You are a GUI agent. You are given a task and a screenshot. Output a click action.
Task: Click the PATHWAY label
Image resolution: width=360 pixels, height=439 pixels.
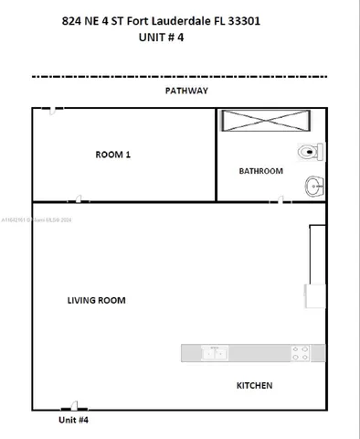tap(186, 91)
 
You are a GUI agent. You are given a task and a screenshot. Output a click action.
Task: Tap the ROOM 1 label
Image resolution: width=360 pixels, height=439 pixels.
tap(113, 155)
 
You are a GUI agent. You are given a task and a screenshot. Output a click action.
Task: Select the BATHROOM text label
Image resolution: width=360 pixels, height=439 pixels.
tap(260, 171)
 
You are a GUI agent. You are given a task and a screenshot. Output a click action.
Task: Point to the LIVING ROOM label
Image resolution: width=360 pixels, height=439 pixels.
tap(96, 300)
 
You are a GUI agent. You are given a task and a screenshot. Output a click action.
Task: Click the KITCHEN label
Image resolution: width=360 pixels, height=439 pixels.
tap(254, 386)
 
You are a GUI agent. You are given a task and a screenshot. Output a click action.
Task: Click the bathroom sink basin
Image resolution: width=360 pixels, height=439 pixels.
tap(314, 187)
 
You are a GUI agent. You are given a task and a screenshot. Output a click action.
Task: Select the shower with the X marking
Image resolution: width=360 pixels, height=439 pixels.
tap(266, 121)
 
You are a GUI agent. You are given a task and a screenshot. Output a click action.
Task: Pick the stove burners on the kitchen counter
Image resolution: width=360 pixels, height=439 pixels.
tap(300, 352)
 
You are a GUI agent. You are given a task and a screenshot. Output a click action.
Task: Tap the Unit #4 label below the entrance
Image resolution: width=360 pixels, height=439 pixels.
tap(73, 420)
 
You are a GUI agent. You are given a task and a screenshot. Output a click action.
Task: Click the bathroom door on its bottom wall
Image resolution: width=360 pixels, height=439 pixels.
tap(284, 199)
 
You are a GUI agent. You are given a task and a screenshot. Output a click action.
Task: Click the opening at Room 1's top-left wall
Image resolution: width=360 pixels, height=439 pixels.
tap(55, 109)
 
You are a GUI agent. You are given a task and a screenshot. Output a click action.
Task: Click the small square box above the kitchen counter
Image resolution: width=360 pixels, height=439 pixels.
tap(314, 296)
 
